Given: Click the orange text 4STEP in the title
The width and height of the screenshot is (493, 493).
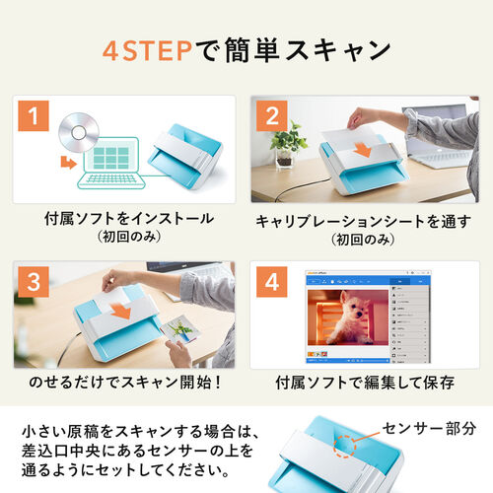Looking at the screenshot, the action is (x=147, y=51).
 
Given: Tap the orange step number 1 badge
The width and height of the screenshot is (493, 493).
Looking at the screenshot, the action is (x=34, y=116).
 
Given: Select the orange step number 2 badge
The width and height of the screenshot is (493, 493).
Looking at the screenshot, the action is (x=272, y=116).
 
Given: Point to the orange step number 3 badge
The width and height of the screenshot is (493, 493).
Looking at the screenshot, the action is (x=34, y=282).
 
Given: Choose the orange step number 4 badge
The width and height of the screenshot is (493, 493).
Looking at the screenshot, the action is (x=272, y=282).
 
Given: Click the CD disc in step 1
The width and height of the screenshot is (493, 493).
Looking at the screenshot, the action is (x=79, y=132).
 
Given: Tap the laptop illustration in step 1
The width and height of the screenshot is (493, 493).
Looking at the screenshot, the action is (x=111, y=163).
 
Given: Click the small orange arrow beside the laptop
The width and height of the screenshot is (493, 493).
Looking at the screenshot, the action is (x=69, y=163).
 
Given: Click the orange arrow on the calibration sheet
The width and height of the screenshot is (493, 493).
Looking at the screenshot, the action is (x=363, y=150).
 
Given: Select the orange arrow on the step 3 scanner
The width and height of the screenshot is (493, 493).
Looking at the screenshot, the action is (x=121, y=311).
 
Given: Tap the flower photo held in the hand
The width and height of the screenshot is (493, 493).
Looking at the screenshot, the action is (x=180, y=329).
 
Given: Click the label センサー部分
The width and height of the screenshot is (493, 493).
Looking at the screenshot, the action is (x=429, y=428).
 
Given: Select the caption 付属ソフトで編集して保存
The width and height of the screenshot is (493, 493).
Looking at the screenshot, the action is (x=365, y=383).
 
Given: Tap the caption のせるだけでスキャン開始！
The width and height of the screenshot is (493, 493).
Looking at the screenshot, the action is (x=125, y=383).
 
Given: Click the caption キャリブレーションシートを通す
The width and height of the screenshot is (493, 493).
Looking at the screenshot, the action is (x=364, y=222).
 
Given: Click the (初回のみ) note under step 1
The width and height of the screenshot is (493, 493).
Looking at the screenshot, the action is (x=129, y=237).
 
